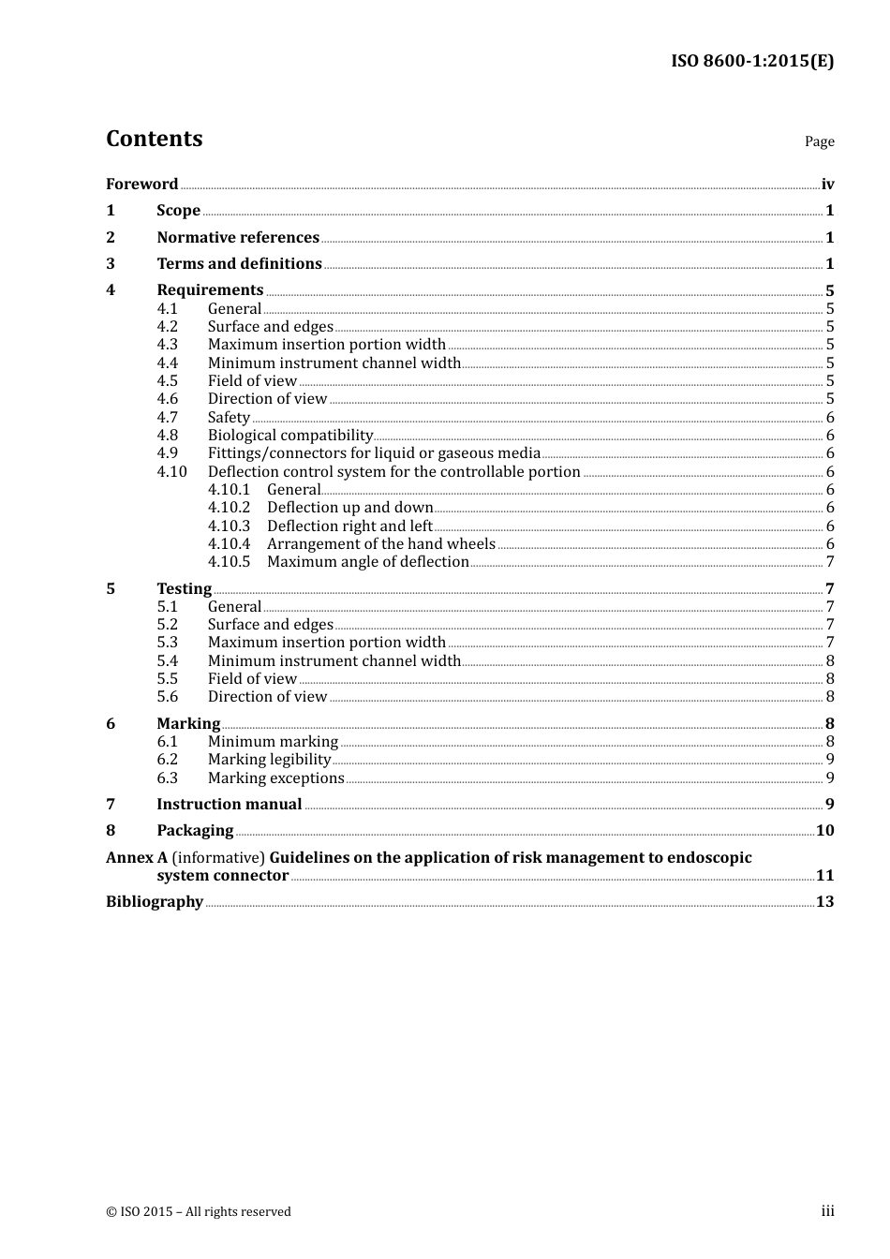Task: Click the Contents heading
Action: (154, 139)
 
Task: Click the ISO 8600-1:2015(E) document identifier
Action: (751, 62)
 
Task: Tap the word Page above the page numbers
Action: (819, 141)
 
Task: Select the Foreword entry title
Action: (141, 185)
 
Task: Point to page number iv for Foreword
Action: (827, 185)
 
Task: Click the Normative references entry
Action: (238, 238)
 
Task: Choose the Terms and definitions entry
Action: (239, 264)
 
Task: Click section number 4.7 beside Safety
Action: (167, 418)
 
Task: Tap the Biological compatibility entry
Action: (290, 436)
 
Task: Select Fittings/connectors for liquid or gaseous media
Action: (374, 453)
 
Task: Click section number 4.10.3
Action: (229, 526)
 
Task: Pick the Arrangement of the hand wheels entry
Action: (380, 544)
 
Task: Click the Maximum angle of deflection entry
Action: (367, 562)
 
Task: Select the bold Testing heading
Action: (184, 589)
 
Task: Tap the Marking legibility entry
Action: (269, 760)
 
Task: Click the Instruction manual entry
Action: (229, 805)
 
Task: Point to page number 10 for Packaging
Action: (824, 831)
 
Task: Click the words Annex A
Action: (137, 858)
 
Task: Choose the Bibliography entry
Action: (155, 902)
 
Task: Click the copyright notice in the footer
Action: (199, 1212)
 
